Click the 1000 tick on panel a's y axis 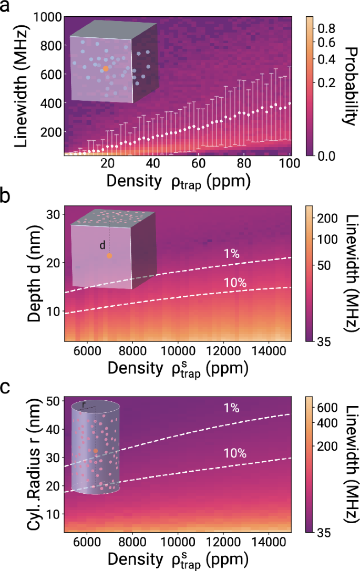point(46,17)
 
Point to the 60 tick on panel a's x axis point(200,162)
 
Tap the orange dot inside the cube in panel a point(106,68)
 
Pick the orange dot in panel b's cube point(109,256)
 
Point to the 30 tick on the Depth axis point(53,214)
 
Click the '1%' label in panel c point(231,408)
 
